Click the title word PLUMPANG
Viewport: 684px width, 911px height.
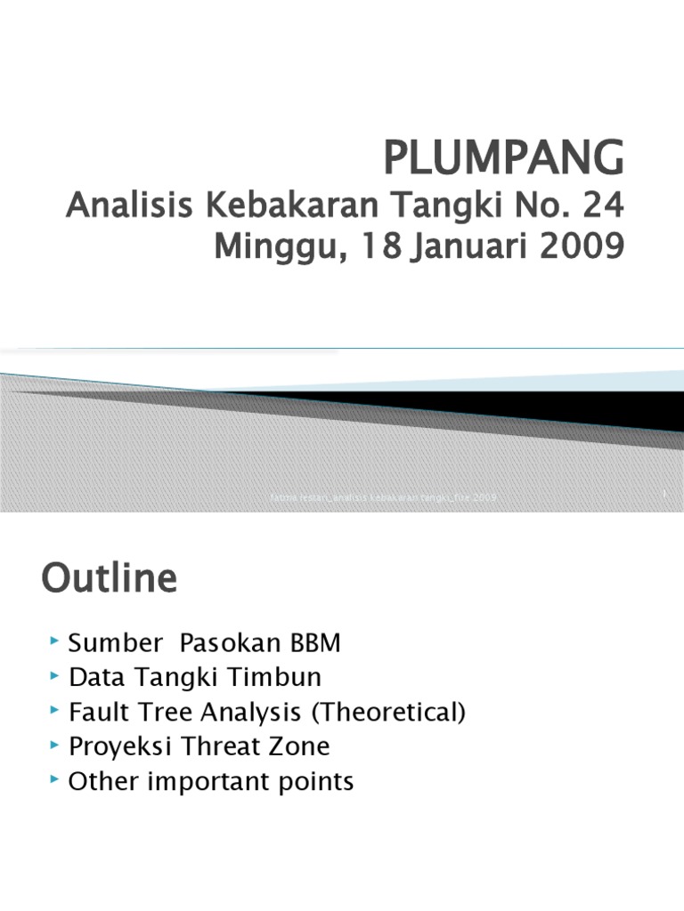point(504,160)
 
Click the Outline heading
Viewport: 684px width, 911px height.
point(109,580)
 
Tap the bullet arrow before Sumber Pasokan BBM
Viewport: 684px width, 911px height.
point(55,641)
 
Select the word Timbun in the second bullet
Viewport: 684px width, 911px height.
point(277,678)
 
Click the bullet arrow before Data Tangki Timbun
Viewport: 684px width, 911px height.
point(55,675)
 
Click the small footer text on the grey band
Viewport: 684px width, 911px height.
point(383,497)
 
